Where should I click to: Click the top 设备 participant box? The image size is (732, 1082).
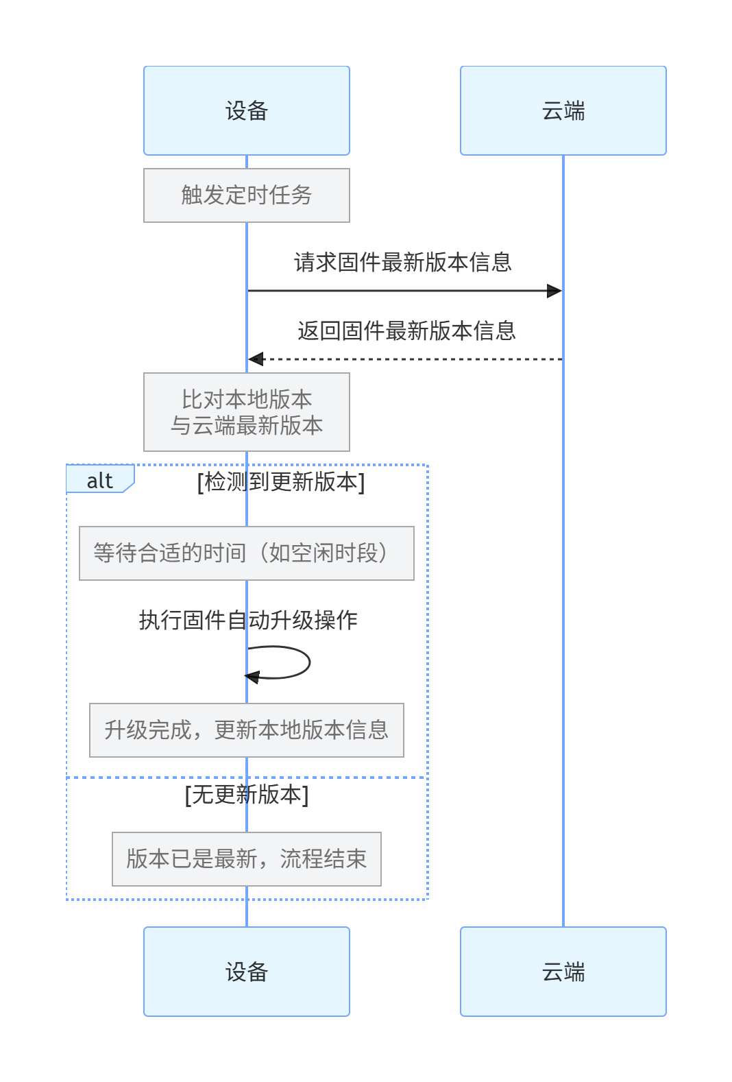(x=247, y=110)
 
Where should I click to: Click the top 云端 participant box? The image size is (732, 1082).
(x=563, y=110)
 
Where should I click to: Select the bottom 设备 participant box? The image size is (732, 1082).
(x=247, y=971)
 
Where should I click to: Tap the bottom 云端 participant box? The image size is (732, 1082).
(x=563, y=971)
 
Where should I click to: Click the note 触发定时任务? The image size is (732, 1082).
(x=247, y=195)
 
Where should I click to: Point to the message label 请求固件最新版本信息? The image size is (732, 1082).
(x=403, y=263)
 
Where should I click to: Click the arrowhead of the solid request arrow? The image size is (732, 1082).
(x=554, y=291)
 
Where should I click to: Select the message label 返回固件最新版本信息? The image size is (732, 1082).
(x=406, y=331)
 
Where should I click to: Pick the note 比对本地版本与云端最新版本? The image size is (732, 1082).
(x=247, y=412)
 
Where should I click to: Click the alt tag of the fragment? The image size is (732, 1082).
(x=99, y=481)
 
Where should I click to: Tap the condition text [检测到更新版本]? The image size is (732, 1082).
(x=281, y=482)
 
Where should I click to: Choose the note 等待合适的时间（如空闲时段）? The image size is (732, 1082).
(x=247, y=553)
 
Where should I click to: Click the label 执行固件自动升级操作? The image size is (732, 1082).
(x=248, y=620)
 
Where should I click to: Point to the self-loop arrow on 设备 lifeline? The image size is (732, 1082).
(x=308, y=662)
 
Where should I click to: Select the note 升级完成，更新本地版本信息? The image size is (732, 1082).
(x=247, y=730)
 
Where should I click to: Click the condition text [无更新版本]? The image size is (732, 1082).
(x=247, y=795)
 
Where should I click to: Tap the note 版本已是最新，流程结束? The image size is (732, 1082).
(x=247, y=859)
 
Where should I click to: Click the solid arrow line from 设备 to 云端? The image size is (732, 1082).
(x=404, y=291)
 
